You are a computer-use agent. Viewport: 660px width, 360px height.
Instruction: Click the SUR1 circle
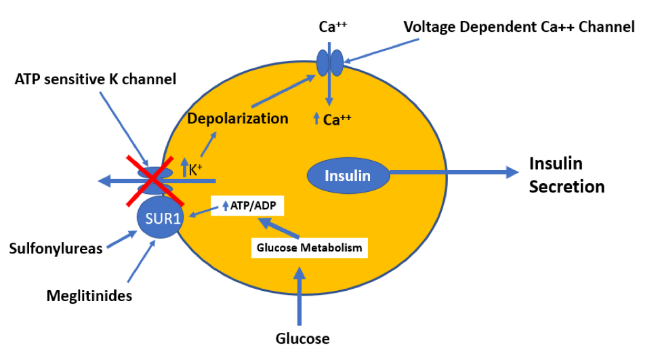(x=161, y=217)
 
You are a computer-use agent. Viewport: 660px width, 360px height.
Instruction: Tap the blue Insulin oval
(x=348, y=176)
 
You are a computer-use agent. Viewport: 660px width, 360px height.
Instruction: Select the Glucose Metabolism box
(x=310, y=247)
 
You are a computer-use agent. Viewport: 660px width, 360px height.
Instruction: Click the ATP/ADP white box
(x=247, y=205)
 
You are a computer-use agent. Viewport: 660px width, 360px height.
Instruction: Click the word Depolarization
(x=237, y=119)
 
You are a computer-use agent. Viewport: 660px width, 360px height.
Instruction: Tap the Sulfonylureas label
(x=56, y=248)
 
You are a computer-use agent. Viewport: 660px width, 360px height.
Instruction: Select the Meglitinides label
(x=89, y=296)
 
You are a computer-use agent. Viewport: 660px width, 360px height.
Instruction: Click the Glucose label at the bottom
(x=303, y=338)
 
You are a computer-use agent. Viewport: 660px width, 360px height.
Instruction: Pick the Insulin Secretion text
(x=566, y=175)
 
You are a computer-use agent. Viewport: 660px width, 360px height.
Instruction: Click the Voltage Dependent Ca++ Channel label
(x=519, y=26)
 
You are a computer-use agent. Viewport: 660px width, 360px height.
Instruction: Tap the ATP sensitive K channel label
(x=96, y=79)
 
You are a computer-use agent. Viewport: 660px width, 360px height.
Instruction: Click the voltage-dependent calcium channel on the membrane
(x=329, y=63)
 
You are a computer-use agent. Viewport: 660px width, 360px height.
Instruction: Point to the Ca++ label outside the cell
(x=333, y=26)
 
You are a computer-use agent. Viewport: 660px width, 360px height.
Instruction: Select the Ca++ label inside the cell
(x=337, y=119)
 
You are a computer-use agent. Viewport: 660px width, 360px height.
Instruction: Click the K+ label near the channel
(x=195, y=169)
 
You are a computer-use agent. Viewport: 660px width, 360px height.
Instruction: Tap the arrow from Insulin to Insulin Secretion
(x=455, y=172)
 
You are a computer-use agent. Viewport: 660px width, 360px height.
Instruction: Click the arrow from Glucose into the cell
(x=300, y=296)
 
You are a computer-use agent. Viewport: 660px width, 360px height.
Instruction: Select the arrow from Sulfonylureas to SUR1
(x=122, y=239)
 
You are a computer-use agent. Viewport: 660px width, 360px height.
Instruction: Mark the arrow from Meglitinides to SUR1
(x=142, y=260)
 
